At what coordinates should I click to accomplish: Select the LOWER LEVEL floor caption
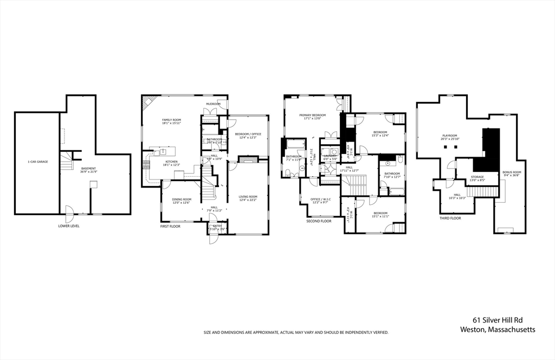(x=69, y=226)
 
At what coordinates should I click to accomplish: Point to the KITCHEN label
(x=171, y=163)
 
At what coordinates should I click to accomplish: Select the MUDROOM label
(x=213, y=104)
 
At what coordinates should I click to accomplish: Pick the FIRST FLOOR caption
(x=170, y=226)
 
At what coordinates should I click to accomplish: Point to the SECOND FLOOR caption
(x=319, y=221)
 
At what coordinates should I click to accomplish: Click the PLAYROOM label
(x=450, y=137)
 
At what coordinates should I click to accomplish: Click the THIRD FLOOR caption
(x=450, y=217)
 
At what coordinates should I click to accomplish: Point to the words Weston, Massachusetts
(x=498, y=329)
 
